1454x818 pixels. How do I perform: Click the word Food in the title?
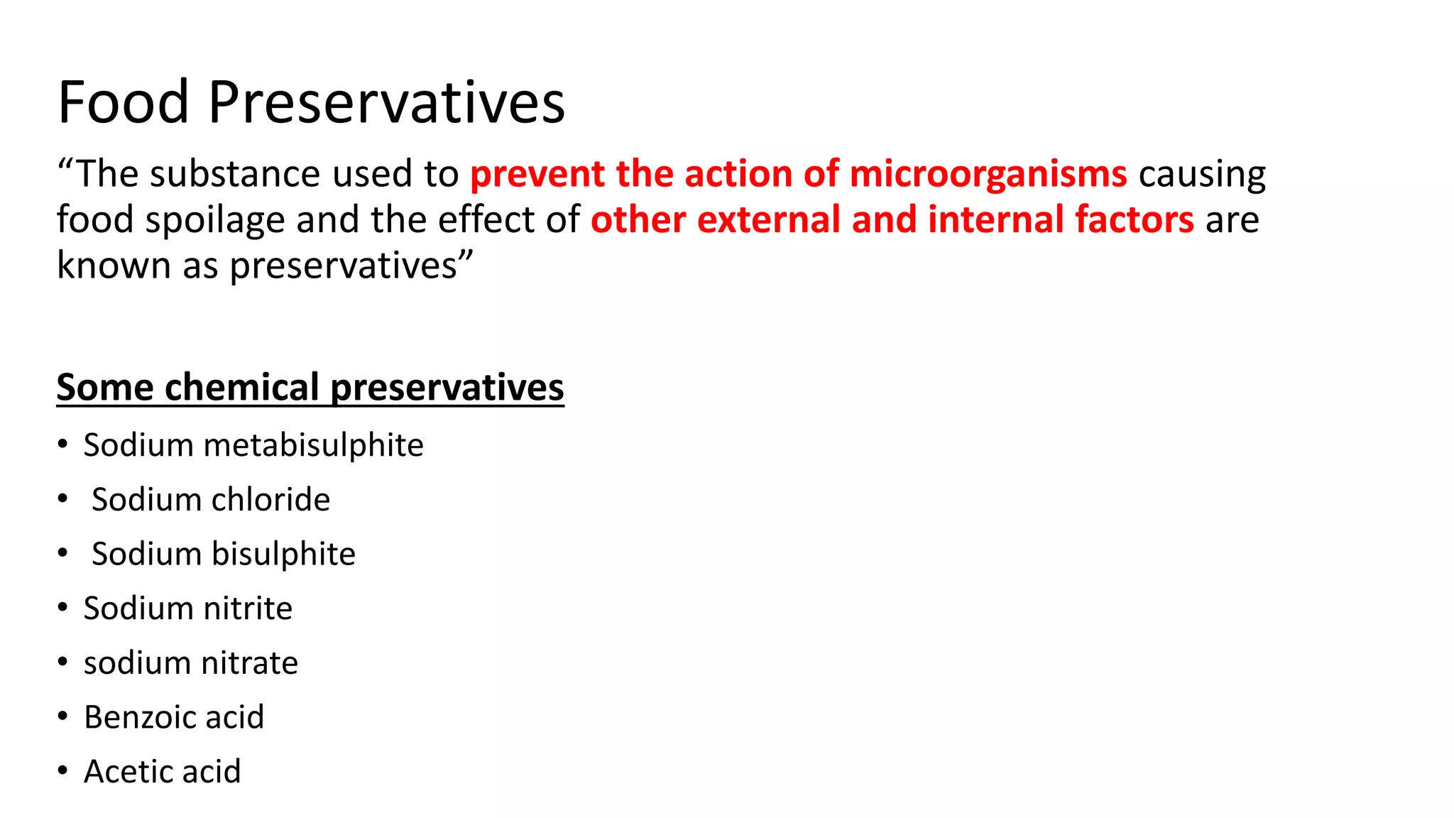pos(124,102)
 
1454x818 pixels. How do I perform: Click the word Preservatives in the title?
pos(386,104)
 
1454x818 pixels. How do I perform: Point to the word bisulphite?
pos(283,555)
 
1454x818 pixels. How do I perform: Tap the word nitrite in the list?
pos(248,609)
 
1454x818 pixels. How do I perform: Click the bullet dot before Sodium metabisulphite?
pos(63,445)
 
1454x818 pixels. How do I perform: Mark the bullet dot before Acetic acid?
pos(63,771)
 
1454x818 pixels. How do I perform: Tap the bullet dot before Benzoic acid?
pos(63,716)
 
